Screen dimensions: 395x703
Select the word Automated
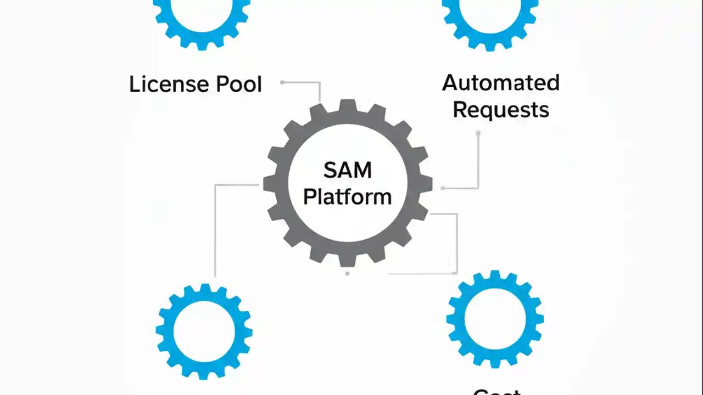click(500, 83)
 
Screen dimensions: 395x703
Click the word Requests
click(500, 110)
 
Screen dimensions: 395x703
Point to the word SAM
click(347, 171)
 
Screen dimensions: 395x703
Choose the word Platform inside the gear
click(347, 196)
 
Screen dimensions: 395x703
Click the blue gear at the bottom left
click(165, 331)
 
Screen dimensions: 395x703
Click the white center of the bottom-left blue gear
click(204, 331)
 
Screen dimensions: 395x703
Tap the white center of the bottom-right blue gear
click(494, 318)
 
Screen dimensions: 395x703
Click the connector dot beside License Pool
click(282, 82)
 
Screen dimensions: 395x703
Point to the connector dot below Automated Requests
click(478, 133)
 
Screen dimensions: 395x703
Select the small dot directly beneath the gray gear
click(347, 273)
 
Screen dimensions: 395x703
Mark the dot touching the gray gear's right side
click(443, 188)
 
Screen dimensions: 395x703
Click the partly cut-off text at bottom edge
click(496, 392)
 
